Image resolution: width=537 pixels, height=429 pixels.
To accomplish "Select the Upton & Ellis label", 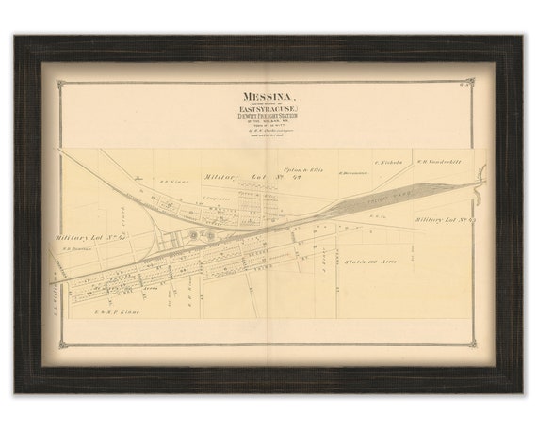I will coord(302,168).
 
